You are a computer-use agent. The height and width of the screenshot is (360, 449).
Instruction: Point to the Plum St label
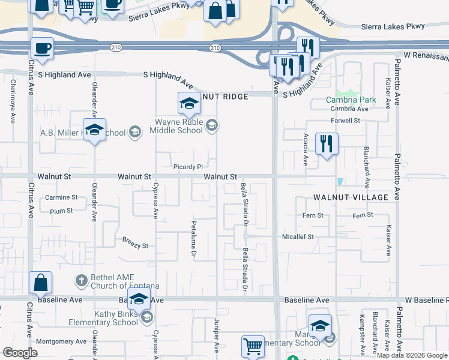(61, 211)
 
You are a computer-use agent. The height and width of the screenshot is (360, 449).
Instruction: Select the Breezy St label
(135, 245)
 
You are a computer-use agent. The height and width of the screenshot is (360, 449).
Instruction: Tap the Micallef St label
(298, 237)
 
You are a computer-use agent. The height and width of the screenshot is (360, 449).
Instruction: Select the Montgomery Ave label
(62, 341)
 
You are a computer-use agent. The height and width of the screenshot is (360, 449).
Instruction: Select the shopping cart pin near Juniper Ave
(253, 346)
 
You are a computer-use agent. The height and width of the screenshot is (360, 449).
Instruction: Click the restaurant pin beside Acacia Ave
(327, 144)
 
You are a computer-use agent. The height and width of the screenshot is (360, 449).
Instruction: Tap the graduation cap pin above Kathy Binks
(139, 300)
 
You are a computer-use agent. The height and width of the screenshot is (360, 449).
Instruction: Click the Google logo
(20, 352)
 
